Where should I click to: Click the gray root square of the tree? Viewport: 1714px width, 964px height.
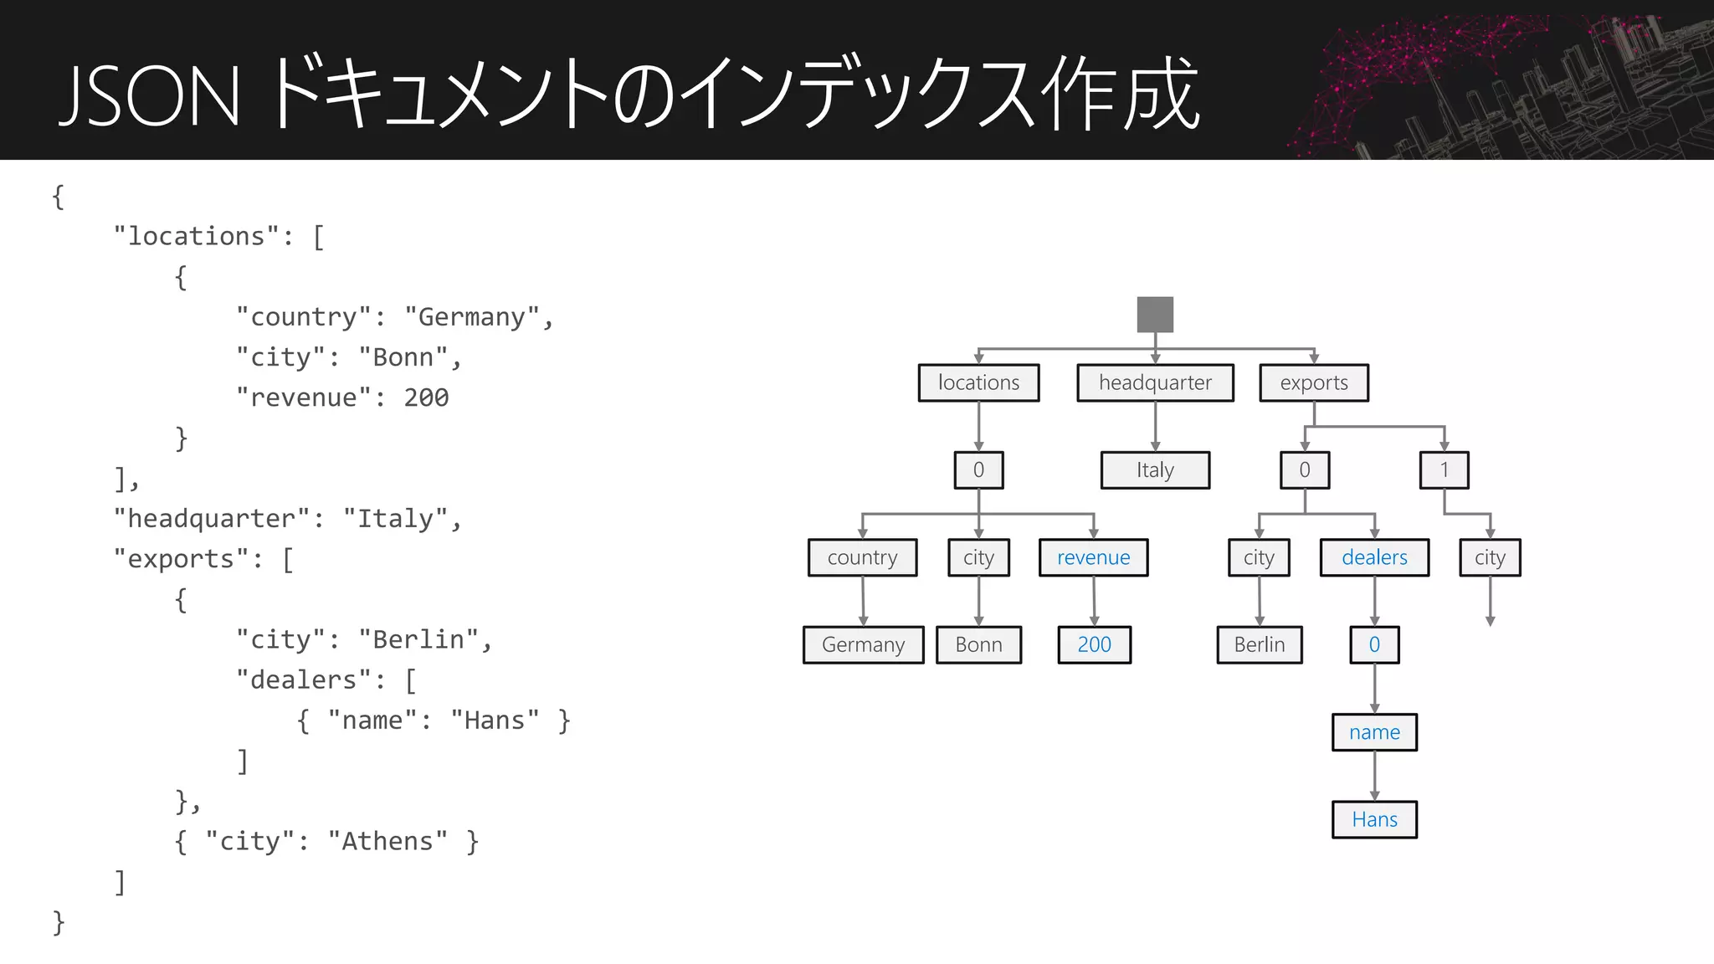point(1155,314)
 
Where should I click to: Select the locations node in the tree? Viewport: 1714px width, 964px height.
point(978,382)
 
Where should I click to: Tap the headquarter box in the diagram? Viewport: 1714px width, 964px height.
point(1155,382)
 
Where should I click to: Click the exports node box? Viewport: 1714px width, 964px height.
point(1314,382)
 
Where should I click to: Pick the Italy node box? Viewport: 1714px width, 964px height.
point(1155,470)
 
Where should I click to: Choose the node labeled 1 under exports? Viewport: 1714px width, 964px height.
point(1444,470)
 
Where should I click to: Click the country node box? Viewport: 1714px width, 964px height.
point(862,557)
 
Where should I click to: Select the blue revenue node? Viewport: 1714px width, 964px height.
point(1093,557)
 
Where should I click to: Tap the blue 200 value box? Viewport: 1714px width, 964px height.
point(1094,644)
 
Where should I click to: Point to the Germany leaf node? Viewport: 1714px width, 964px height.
point(863,644)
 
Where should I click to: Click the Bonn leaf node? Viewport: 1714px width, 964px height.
point(978,644)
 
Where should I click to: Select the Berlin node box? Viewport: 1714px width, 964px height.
point(1259,644)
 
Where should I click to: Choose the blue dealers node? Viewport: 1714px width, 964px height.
point(1374,557)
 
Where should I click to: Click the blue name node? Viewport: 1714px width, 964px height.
point(1374,732)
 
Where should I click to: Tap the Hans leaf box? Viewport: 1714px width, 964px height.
point(1374,819)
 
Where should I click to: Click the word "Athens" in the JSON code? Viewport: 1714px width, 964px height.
point(387,841)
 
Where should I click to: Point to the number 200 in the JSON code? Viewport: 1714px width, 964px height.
point(426,397)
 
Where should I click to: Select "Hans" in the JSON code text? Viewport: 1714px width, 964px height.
point(495,720)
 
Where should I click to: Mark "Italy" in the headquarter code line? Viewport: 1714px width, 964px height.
point(395,519)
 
